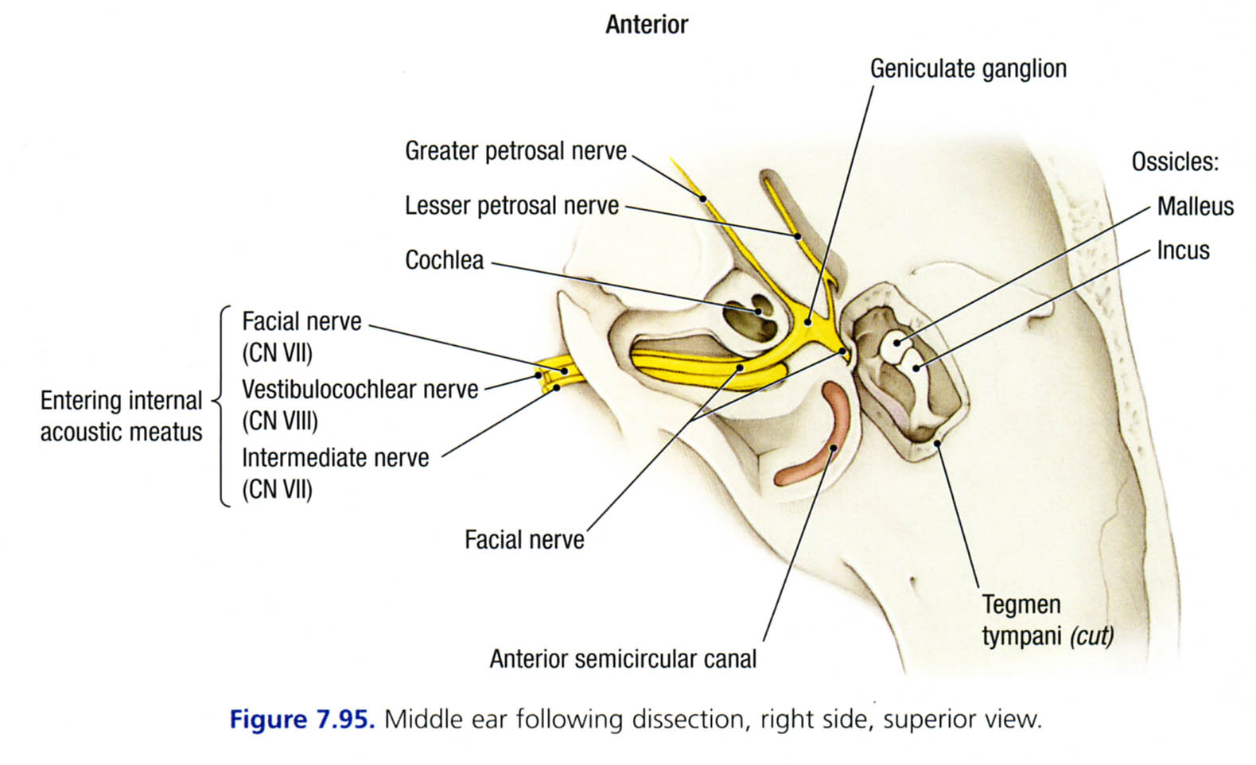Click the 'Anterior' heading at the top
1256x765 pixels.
(x=646, y=25)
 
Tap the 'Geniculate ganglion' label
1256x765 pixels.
(x=967, y=69)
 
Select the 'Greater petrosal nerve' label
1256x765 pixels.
(x=515, y=151)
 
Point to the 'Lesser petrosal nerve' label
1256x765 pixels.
(x=511, y=206)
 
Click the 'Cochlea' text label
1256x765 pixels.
(x=444, y=260)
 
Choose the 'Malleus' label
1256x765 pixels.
(x=1195, y=207)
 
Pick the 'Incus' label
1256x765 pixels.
(x=1183, y=250)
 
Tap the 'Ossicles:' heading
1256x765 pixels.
(x=1175, y=162)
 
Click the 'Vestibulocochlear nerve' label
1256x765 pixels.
(x=360, y=390)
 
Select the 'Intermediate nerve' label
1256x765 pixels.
(x=335, y=458)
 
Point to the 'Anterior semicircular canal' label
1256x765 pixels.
(x=623, y=659)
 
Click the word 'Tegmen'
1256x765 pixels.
(x=1021, y=604)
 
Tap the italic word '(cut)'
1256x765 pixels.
(x=1091, y=637)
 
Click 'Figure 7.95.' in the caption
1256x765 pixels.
(x=301, y=720)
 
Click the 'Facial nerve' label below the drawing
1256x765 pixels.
(x=524, y=541)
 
